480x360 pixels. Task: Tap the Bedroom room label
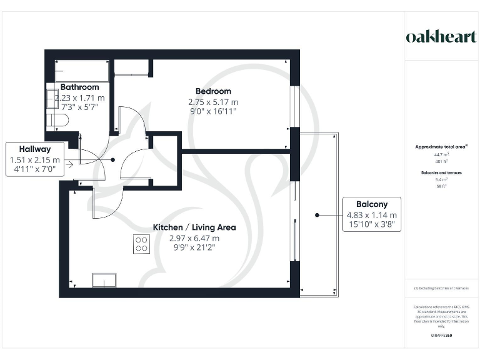213,91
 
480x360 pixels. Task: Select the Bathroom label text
79,87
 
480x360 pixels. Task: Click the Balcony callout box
372,214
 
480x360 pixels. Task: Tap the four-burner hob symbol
141,244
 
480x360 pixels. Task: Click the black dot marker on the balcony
317,214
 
